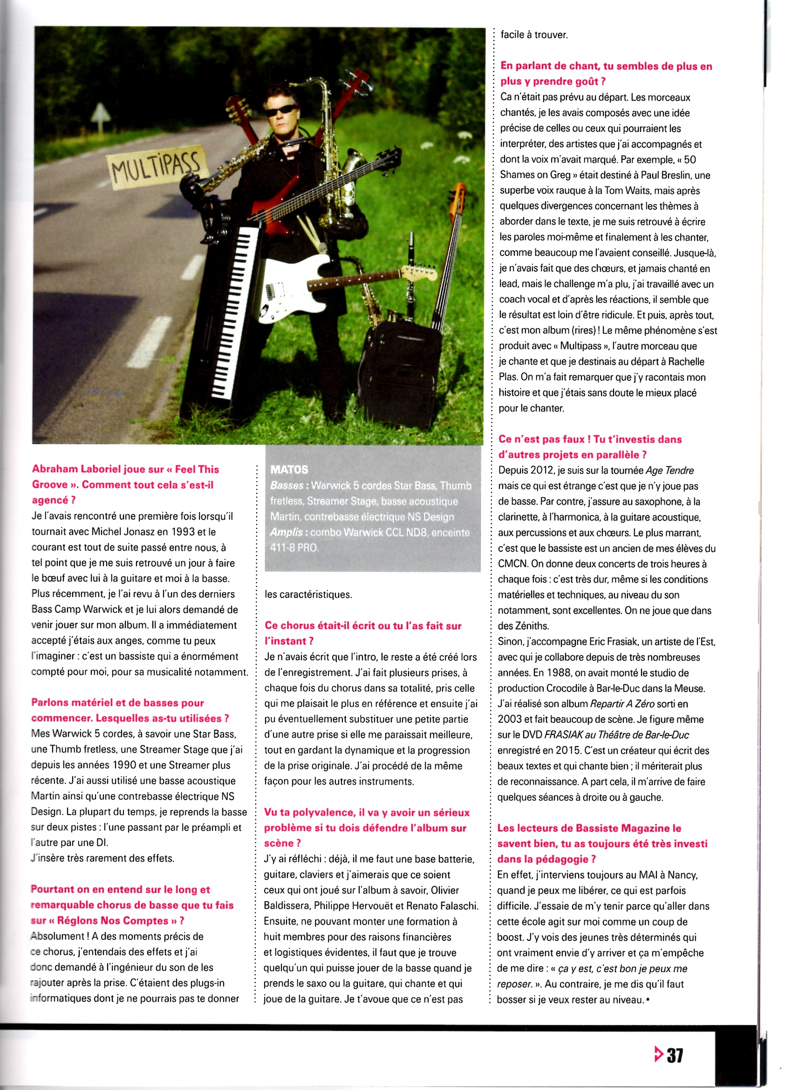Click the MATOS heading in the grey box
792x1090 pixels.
coord(289,470)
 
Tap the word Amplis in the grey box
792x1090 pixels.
coord(287,533)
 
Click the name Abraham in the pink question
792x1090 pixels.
coord(55,470)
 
